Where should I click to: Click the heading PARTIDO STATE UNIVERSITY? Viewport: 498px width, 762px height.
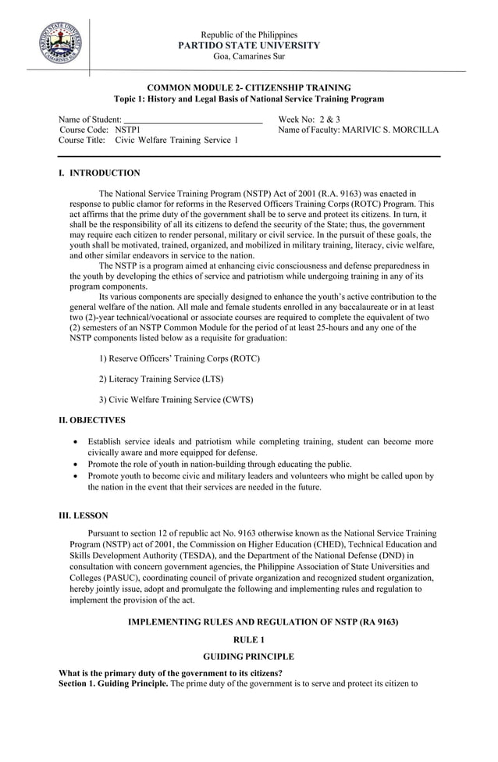pos(249,45)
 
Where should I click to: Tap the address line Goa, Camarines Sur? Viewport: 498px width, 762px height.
pos(249,56)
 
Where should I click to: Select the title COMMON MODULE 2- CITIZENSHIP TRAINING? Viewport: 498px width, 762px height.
pos(249,87)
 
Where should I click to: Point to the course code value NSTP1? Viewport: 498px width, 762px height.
pos(128,130)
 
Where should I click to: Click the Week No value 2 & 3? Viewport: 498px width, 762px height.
pos(328,119)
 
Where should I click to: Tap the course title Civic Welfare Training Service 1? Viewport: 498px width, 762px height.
pos(176,141)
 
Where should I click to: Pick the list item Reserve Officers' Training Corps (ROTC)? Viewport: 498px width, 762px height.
pos(180,358)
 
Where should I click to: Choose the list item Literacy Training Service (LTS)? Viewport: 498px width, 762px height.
pos(161,379)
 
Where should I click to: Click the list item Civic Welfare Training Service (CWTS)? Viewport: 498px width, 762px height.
pos(176,400)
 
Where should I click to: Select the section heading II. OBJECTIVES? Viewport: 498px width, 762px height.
pos(92,420)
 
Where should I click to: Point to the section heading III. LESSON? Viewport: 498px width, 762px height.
pos(84,515)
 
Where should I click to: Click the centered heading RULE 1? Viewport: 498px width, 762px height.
pos(249,639)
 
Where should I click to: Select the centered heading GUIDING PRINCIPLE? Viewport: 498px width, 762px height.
pos(249,657)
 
